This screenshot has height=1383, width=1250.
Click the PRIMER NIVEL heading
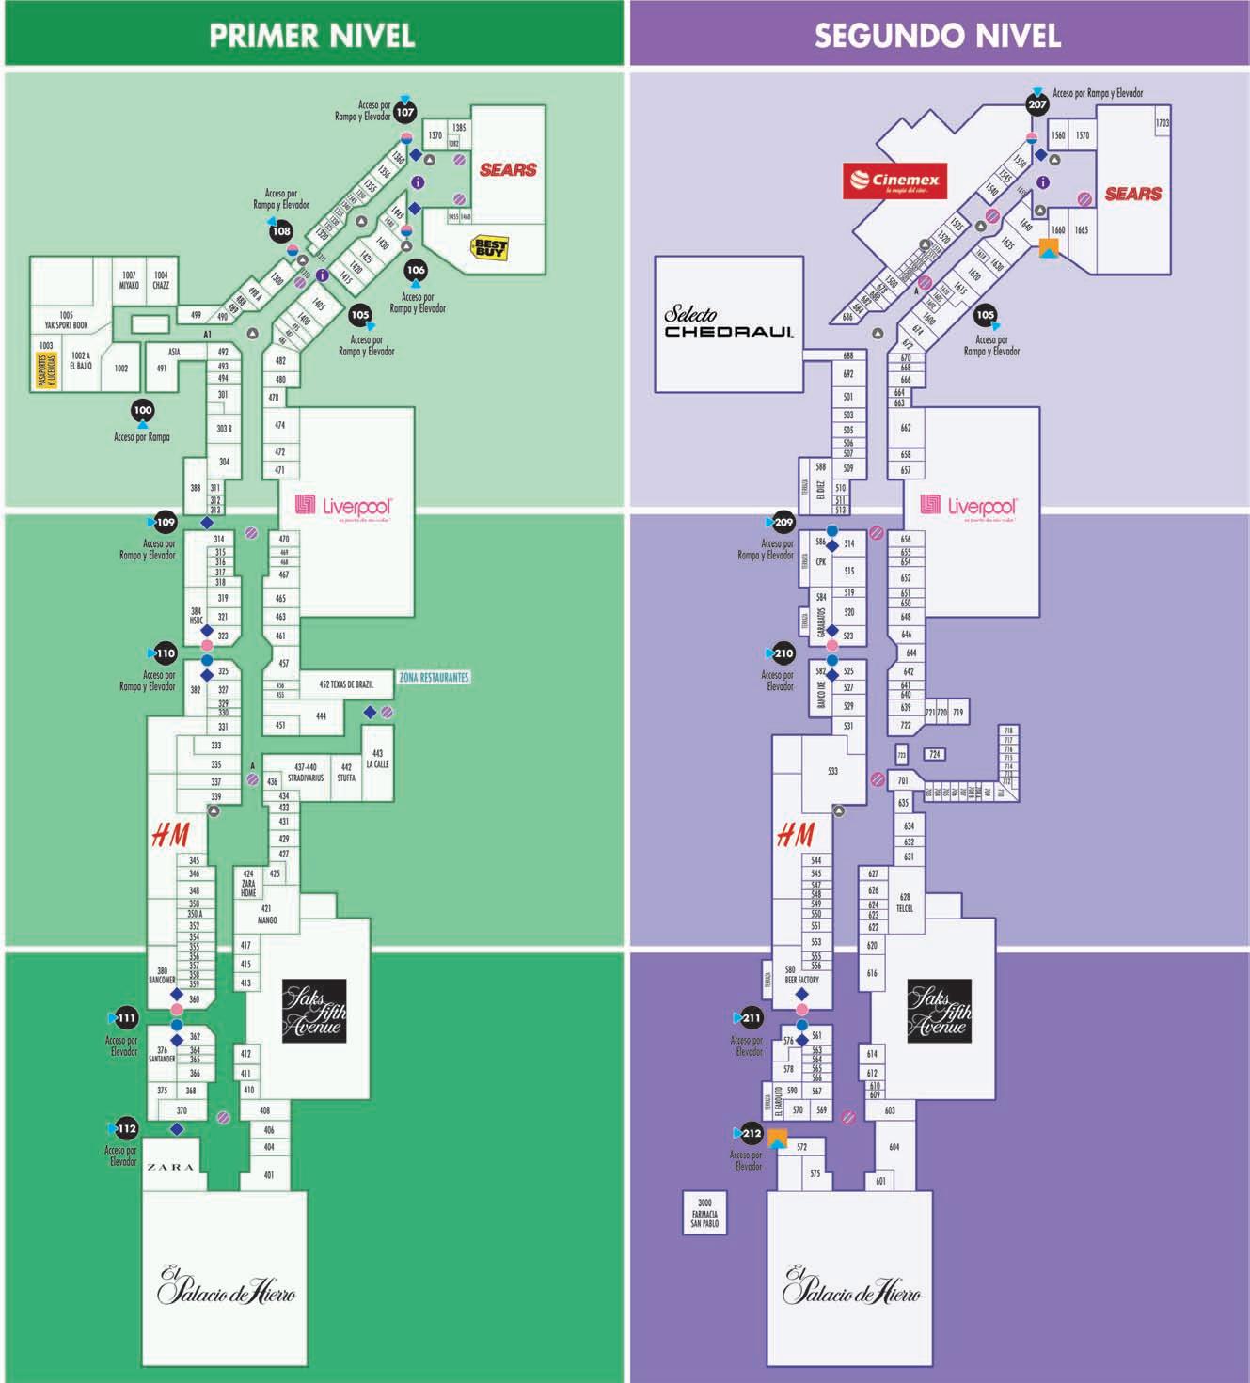point(311,36)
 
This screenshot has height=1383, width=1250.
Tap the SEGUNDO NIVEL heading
point(937,36)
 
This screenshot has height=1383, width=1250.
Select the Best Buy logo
point(489,248)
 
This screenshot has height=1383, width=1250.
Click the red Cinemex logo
point(894,181)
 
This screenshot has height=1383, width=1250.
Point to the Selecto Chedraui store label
point(728,322)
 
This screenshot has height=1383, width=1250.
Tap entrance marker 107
point(404,112)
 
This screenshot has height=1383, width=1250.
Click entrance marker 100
point(143,410)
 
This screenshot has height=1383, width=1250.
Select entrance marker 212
point(752,1133)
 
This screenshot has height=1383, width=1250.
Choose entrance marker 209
point(783,522)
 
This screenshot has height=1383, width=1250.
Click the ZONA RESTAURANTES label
point(434,677)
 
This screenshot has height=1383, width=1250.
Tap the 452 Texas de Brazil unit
point(345,684)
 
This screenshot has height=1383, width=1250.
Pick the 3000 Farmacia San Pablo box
point(704,1213)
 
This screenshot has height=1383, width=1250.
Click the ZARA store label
point(170,1167)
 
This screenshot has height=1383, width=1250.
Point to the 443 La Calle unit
point(377,759)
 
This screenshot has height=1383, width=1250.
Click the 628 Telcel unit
point(905,902)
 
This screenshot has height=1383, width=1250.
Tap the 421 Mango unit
point(267,914)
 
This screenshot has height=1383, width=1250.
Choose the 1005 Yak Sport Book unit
point(66,320)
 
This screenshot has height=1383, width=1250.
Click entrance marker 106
point(416,270)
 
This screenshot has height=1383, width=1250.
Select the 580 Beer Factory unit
point(801,974)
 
